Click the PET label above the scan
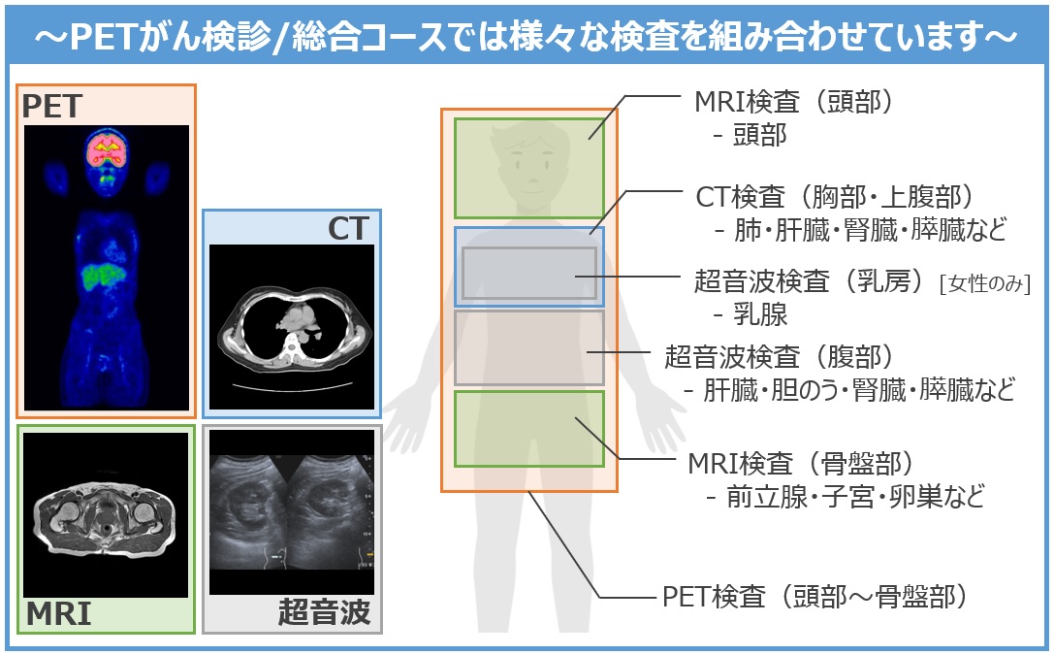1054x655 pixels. coord(51,106)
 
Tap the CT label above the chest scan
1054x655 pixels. coord(348,229)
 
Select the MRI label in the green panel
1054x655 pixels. coord(58,614)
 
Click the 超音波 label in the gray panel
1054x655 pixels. coord(325,612)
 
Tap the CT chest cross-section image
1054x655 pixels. coord(292,327)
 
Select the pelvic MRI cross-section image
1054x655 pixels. coord(106,515)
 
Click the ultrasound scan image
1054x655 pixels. coord(292,512)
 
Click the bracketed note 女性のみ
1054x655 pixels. coord(985,283)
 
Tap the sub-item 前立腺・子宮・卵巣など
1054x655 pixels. coord(855,496)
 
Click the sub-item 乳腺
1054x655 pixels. coord(759,314)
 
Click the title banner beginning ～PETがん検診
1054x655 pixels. coord(527,36)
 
